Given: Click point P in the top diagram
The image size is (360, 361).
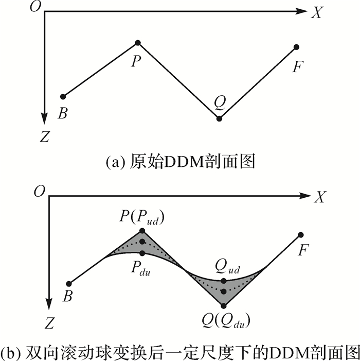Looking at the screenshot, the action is pyautogui.click(x=137, y=42).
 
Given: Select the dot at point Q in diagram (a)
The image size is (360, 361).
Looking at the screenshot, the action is pyautogui.click(x=220, y=119).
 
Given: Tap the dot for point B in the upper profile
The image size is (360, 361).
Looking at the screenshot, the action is pyautogui.click(x=63, y=96).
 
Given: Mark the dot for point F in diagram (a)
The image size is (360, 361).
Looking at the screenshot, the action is pyautogui.click(x=296, y=47).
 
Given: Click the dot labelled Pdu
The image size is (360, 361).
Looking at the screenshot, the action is pyautogui.click(x=142, y=253).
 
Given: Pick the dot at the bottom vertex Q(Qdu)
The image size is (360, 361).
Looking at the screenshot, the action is pyautogui.click(x=223, y=306).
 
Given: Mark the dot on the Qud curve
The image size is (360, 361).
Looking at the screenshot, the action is pyautogui.click(x=223, y=281).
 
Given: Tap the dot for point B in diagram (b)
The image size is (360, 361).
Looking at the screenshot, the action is pyautogui.click(x=69, y=283).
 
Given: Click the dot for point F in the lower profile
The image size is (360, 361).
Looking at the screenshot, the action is pyautogui.click(x=300, y=235).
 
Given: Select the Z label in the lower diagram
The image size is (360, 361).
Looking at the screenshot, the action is pyautogui.click(x=49, y=323).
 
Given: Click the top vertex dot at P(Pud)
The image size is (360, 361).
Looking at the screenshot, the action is pyautogui.click(x=142, y=230).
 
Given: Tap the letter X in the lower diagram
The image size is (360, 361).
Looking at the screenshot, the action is pyautogui.click(x=320, y=198).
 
